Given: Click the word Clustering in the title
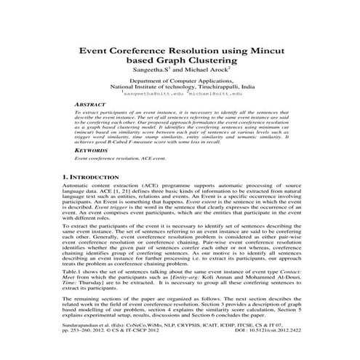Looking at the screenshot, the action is click(212, 62).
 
